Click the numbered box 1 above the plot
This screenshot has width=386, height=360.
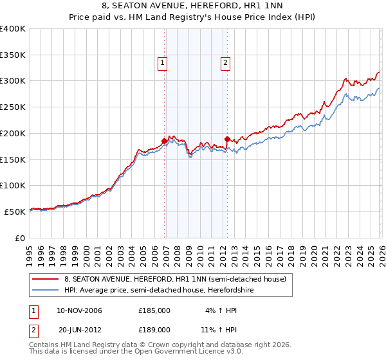162,63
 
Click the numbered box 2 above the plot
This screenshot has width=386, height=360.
226,63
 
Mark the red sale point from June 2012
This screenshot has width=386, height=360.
227,138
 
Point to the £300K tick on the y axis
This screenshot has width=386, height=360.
14,81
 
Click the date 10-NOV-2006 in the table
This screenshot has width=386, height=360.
79,310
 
